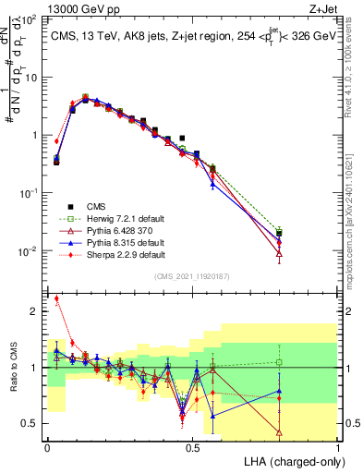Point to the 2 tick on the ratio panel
[x=33, y=311]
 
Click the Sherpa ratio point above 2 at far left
[x=56, y=298]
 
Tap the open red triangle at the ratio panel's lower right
[x=279, y=431]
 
